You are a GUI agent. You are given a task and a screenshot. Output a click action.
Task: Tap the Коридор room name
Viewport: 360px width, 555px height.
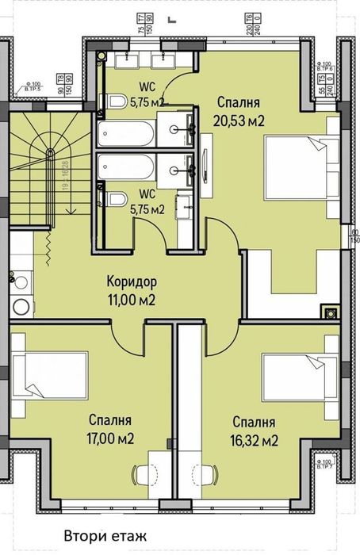click(132, 282)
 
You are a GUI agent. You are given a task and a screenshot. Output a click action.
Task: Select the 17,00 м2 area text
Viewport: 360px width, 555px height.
click(110, 438)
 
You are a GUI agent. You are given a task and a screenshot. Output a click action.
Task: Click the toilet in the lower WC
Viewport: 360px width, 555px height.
click(117, 200)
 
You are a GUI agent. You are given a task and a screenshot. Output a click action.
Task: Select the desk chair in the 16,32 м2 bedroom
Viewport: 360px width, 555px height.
click(209, 475)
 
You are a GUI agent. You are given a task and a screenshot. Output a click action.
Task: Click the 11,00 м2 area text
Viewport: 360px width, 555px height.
click(132, 300)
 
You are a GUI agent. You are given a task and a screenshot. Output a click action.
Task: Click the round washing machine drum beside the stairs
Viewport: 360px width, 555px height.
click(21, 305)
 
